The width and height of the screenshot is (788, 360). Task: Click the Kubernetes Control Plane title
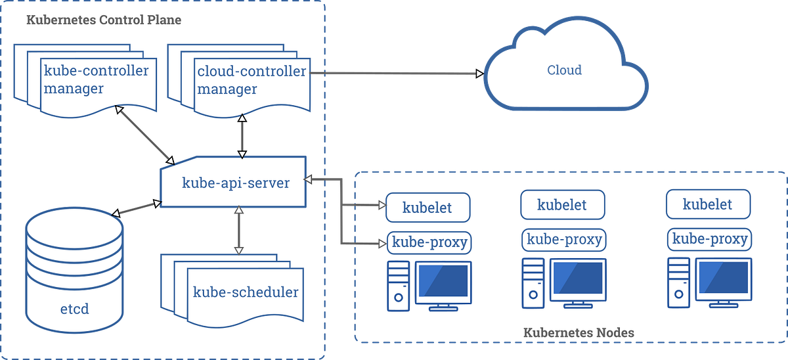pyautogui.click(x=103, y=20)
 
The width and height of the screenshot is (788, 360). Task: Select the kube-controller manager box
pyautogui.click(x=95, y=80)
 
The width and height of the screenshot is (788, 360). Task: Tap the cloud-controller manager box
pyautogui.click(x=251, y=80)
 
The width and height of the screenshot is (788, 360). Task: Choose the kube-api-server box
pyautogui.click(x=235, y=183)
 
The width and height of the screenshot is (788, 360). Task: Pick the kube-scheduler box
pyautogui.click(x=245, y=292)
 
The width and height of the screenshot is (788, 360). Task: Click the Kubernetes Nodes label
pyautogui.click(x=578, y=332)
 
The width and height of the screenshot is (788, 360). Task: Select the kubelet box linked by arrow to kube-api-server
pyautogui.click(x=427, y=208)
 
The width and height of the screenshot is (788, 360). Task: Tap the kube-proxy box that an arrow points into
pyautogui.click(x=429, y=242)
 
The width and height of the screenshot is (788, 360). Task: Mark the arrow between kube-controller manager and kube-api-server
pyautogui.click(x=144, y=134)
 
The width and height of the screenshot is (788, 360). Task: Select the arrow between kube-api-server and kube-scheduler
pyautogui.click(x=239, y=230)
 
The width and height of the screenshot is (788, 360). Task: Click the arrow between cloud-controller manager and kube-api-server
pyautogui.click(x=242, y=136)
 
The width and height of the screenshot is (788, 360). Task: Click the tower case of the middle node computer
pyautogui.click(x=533, y=282)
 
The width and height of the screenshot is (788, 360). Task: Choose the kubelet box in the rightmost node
pyautogui.click(x=707, y=204)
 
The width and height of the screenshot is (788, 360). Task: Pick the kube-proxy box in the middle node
pyautogui.click(x=563, y=240)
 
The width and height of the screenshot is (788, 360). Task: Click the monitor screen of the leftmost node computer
pyautogui.click(x=443, y=280)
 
